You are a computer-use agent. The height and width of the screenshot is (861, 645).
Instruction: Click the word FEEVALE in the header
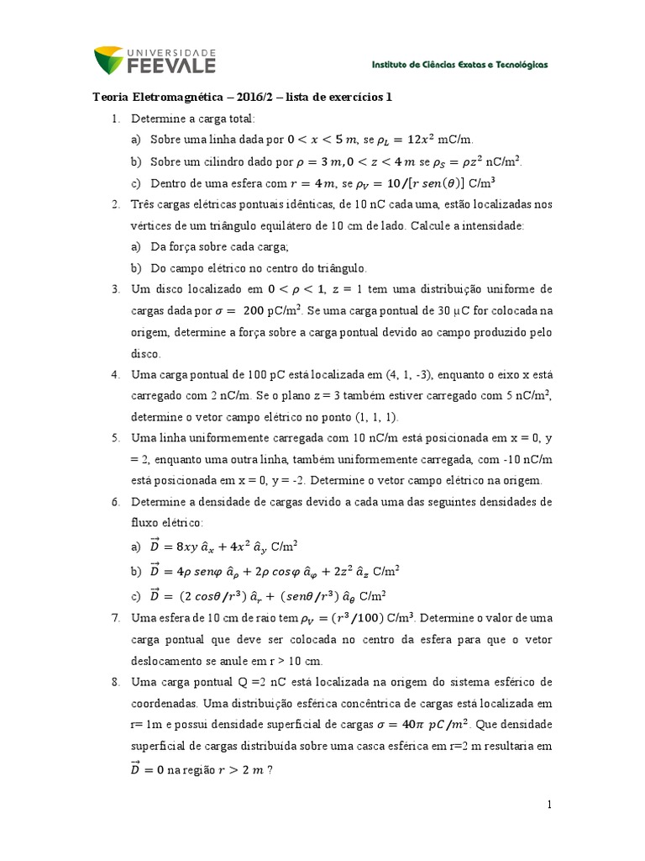[172, 65]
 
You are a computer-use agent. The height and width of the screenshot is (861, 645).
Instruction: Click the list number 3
[116, 289]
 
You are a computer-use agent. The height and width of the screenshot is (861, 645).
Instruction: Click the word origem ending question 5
[522, 481]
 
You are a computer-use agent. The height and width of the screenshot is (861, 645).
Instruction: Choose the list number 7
[116, 618]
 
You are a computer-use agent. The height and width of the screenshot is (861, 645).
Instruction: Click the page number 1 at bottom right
[550, 806]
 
